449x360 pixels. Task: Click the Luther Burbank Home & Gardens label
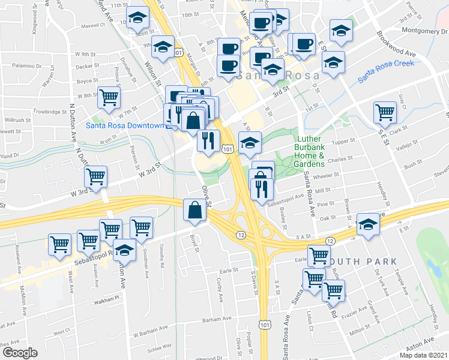(x=310, y=151)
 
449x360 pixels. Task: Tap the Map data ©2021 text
(x=424, y=355)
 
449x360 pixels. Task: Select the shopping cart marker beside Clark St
(x=385, y=110)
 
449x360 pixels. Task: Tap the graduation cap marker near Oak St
(x=367, y=223)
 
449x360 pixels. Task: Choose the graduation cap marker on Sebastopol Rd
(x=125, y=248)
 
